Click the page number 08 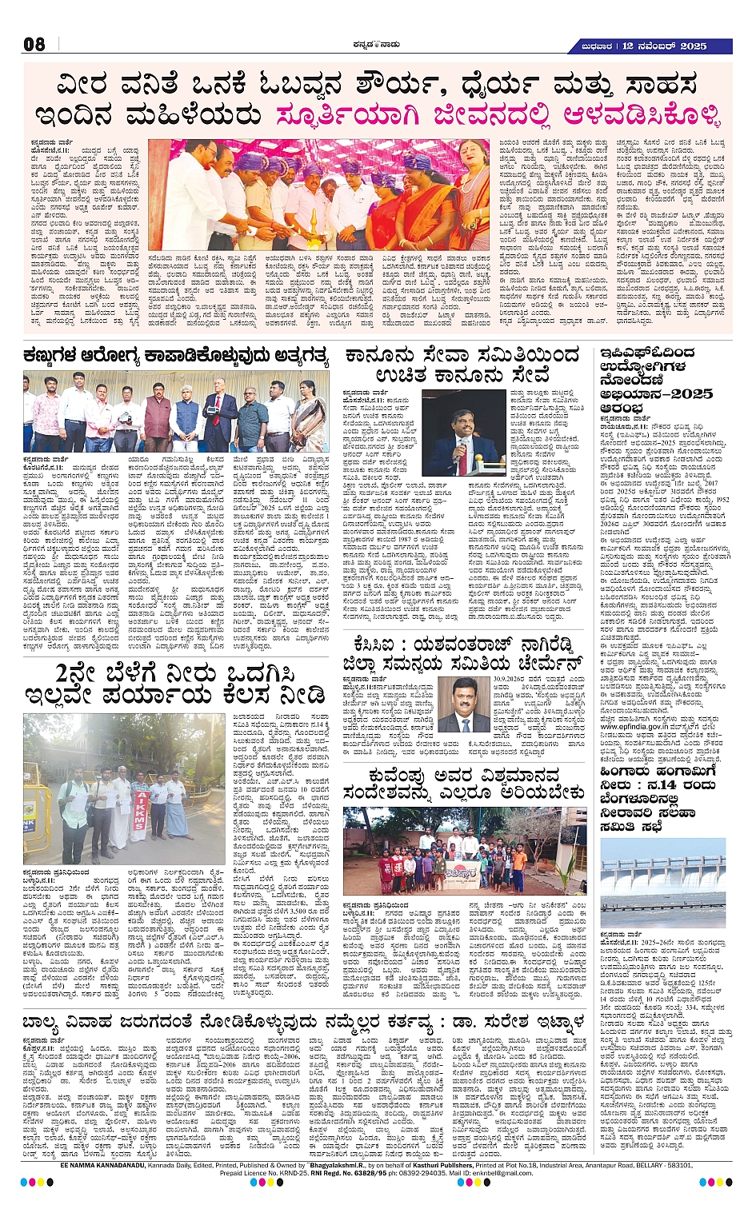[34, 45]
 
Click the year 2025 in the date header [692, 46]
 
